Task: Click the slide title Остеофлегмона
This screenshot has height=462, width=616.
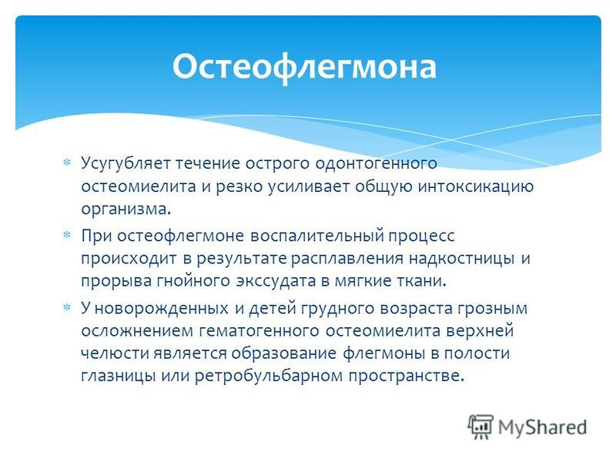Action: click(x=304, y=67)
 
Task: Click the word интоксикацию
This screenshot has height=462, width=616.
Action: click(x=475, y=186)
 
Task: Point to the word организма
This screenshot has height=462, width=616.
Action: click(x=126, y=209)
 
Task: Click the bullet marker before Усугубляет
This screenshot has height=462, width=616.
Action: click(x=67, y=162)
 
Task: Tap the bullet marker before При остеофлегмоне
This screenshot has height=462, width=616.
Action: click(x=67, y=236)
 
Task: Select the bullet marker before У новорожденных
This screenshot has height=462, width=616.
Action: click(x=67, y=307)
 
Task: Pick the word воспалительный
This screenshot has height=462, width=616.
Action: click(x=317, y=236)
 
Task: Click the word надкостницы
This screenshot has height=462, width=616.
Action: click(x=461, y=259)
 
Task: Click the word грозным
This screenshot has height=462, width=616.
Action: click(x=492, y=310)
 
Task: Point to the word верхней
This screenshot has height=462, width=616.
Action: click(x=480, y=332)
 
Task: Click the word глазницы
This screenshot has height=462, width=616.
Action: click(x=118, y=377)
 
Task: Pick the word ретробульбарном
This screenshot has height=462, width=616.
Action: click(x=269, y=377)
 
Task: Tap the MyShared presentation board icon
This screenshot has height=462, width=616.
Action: click(x=480, y=427)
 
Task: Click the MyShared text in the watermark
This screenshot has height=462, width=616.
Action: click(x=543, y=427)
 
